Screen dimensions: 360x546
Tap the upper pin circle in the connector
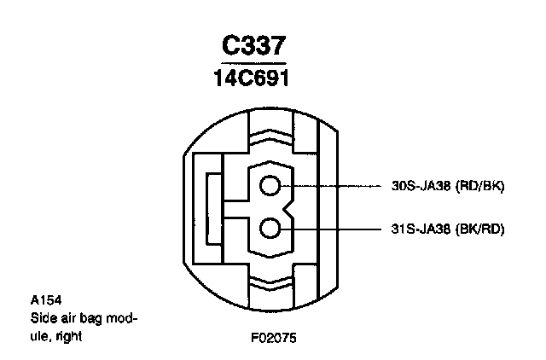pyautogui.click(x=271, y=186)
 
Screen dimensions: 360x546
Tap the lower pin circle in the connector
pyautogui.click(x=271, y=229)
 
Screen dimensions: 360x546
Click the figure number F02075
pyautogui.click(x=273, y=338)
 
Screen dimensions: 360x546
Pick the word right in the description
pyautogui.click(x=71, y=335)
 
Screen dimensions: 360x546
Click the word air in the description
pyautogui.click(x=64, y=318)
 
